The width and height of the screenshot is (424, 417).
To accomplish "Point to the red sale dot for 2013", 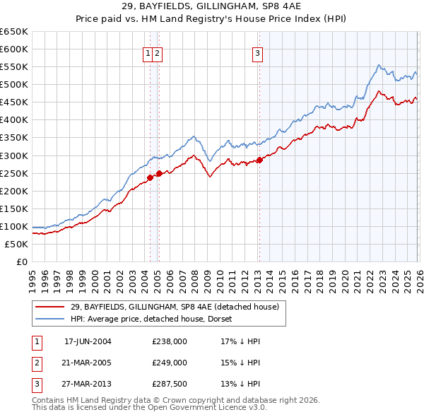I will [x=259, y=160].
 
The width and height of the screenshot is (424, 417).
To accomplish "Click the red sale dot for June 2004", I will [x=150, y=177].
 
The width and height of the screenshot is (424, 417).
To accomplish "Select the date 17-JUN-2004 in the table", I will [x=88, y=341].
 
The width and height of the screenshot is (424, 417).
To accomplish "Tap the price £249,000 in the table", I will [x=170, y=363].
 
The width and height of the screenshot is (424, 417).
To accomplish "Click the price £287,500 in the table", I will [x=170, y=384].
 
